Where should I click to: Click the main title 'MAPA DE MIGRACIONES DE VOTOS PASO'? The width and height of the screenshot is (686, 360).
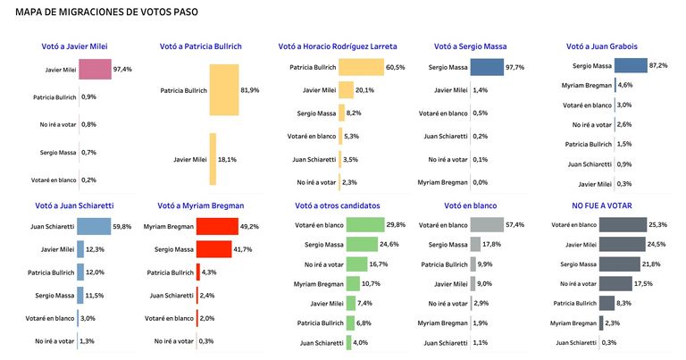coord(106,12)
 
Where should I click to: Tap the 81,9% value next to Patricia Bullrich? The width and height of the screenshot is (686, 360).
coord(250,90)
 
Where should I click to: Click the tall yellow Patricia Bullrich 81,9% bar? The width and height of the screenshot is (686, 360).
coord(224,90)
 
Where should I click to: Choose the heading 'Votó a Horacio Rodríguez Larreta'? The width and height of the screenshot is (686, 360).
coord(338,46)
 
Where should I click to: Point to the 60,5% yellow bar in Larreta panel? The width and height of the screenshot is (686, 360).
coord(362,67)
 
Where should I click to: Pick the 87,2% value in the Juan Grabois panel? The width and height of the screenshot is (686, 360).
coord(658,65)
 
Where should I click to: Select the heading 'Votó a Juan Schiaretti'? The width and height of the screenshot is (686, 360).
coord(74,205)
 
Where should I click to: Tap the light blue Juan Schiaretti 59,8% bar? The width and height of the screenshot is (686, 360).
coord(94,227)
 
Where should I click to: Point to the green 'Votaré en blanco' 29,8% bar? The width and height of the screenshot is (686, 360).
coord(365,225)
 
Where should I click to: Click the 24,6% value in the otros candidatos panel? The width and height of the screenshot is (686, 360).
coord(389,244)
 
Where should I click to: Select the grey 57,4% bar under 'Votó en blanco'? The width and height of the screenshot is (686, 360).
coord(487,225)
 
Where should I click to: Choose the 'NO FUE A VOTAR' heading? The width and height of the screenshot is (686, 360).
coord(601,205)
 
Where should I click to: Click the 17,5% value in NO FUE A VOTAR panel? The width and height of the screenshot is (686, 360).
coord(643,283)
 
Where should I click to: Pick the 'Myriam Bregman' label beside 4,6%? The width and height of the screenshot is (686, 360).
coord(587,85)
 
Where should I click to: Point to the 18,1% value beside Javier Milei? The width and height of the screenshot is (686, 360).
coord(227,160)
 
